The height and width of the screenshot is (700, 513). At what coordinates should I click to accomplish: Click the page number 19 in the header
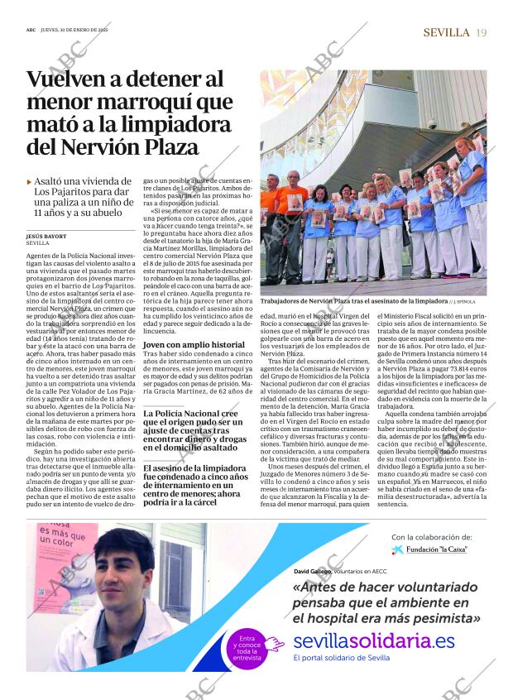tap(481, 32)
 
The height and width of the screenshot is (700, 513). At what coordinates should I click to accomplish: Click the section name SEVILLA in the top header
tap(446, 32)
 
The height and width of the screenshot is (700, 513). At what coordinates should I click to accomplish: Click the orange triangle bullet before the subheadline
tap(30, 181)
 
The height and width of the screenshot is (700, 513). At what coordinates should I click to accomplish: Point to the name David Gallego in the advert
tap(311, 571)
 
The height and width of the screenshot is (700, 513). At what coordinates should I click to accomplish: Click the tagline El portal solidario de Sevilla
tap(341, 657)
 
